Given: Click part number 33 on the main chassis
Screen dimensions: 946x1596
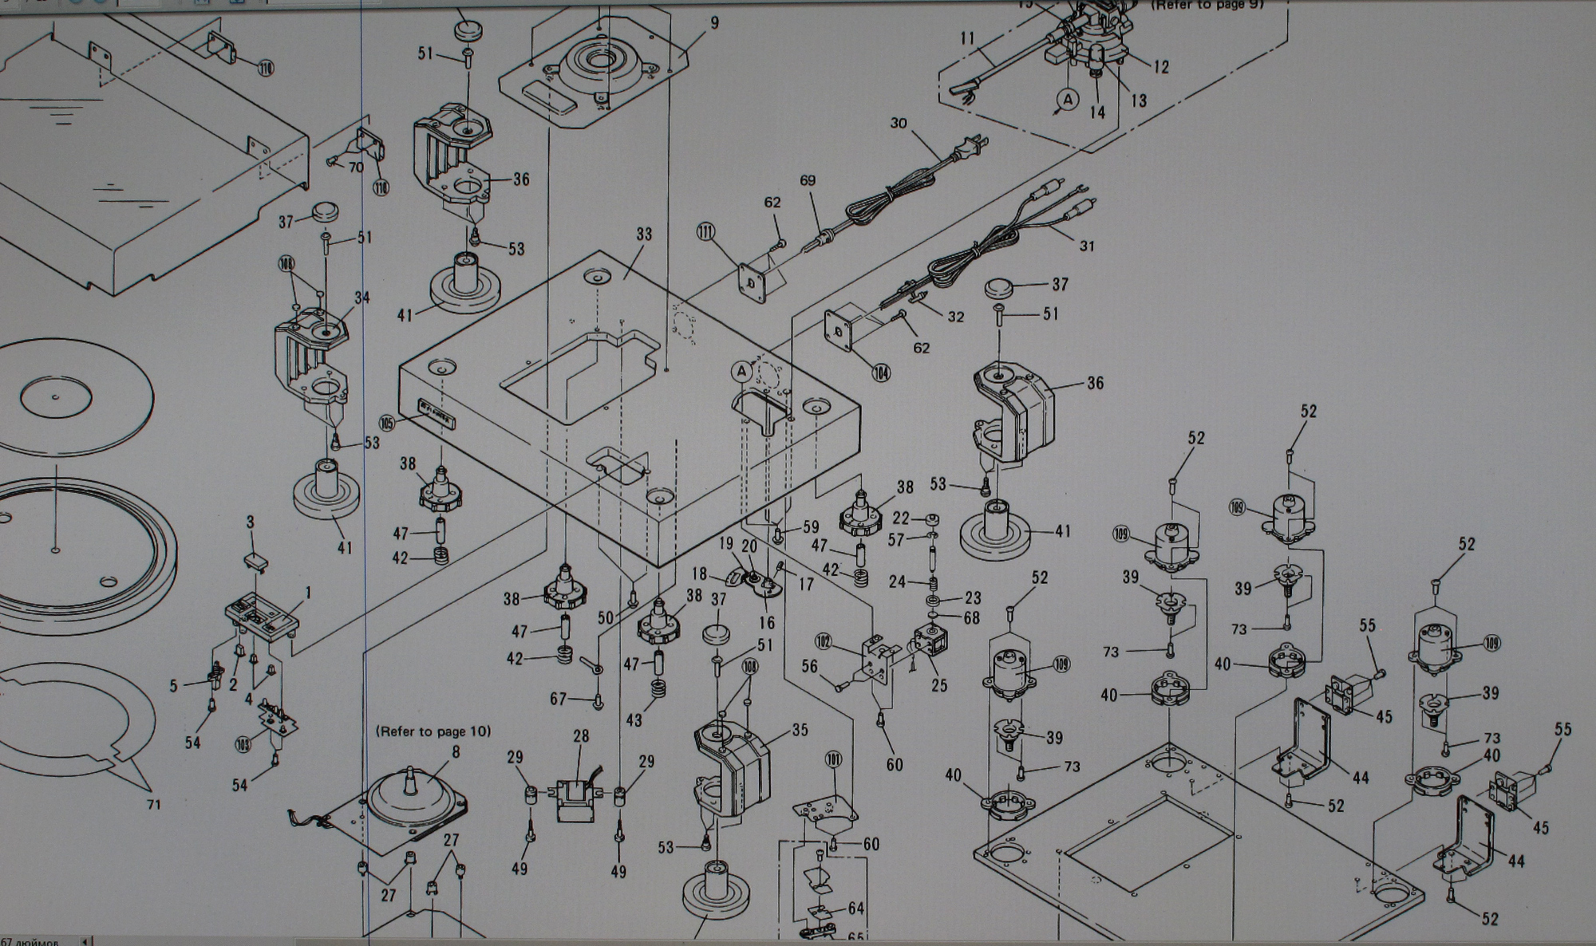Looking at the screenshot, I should point(644,235).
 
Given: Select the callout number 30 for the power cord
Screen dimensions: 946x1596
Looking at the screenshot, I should point(899,124).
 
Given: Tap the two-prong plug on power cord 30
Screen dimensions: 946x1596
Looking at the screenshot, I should point(977,146).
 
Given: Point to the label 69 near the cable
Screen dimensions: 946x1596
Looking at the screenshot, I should point(808,181).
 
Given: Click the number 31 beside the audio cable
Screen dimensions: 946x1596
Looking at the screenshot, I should point(1087,246).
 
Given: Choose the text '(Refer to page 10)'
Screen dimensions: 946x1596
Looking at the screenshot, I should point(433,731).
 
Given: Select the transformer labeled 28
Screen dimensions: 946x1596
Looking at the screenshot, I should point(577,798).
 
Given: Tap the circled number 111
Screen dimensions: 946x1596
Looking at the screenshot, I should point(705,232).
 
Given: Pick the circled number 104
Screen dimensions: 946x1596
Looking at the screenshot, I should point(881,372).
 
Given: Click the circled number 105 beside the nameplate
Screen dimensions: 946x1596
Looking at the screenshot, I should point(388,424).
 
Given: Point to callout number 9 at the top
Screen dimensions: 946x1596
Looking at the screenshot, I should point(714,23).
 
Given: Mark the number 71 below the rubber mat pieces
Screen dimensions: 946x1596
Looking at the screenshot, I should point(153,804).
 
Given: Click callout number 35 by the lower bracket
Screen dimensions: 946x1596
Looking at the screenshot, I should point(800,730).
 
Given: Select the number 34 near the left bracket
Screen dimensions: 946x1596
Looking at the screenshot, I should point(362,298).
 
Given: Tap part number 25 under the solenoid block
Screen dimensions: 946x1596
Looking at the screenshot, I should point(939,685).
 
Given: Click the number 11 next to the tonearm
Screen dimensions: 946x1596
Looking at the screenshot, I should point(968,38).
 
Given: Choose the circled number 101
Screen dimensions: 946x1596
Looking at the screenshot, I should point(835,761).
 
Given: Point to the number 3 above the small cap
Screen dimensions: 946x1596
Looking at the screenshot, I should point(250,522).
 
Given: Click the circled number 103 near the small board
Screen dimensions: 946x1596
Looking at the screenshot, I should point(243,745).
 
